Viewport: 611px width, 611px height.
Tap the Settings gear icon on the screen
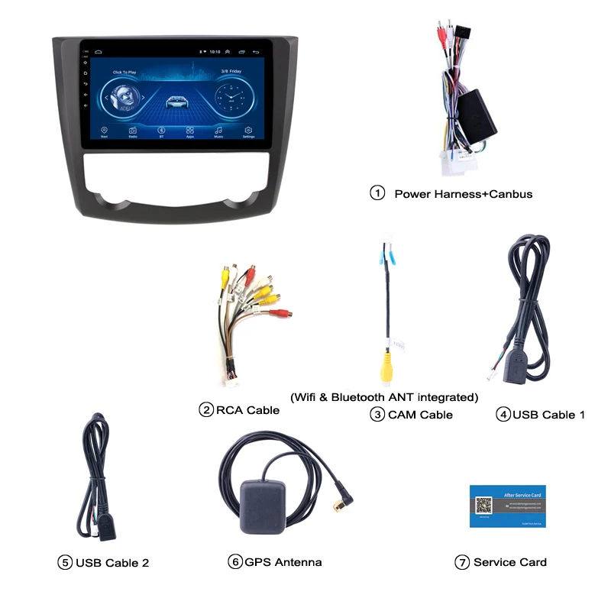[x=248, y=131]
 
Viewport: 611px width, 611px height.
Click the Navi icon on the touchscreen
[x=104, y=131]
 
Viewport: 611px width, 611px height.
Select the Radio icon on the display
[x=133, y=131]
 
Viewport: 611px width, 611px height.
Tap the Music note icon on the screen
[x=219, y=131]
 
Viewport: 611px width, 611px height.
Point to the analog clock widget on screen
[x=228, y=99]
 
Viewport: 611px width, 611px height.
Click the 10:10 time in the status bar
[x=215, y=52]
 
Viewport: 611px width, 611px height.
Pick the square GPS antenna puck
[x=263, y=505]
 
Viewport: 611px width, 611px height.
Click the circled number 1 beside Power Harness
[x=377, y=193]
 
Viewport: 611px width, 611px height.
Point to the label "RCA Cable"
[x=247, y=410]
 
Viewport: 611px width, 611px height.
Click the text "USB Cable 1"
[x=548, y=415]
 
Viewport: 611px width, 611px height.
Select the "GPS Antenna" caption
[x=283, y=562]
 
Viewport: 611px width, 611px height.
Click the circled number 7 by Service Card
[x=461, y=562]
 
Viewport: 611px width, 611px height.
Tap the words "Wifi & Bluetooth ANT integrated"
[x=384, y=397]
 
